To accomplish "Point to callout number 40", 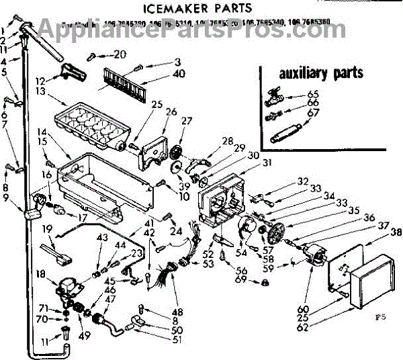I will [159, 73].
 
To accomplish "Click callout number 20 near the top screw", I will [120, 54].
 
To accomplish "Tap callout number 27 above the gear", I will [186, 121].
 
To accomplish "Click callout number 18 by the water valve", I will [42, 273].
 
